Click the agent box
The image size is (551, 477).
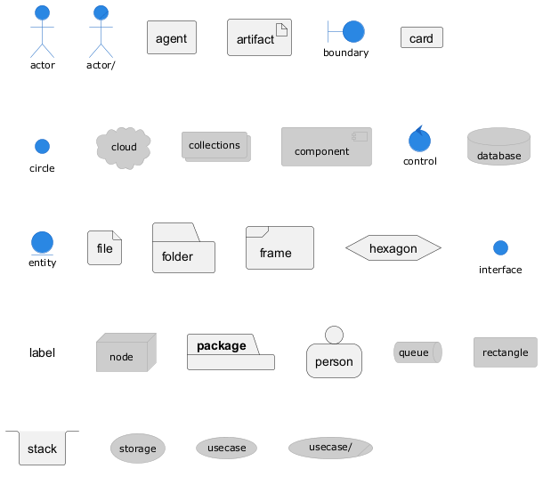pyautogui.click(x=171, y=38)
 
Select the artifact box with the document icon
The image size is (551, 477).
pyautogui.click(x=259, y=38)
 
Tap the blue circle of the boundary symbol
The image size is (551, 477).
pyautogui.click(x=353, y=32)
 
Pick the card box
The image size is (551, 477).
pyautogui.click(x=421, y=38)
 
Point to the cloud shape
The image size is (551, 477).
pyautogui.click(x=124, y=147)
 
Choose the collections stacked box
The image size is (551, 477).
pyautogui.click(x=215, y=146)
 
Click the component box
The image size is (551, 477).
pyautogui.click(x=326, y=147)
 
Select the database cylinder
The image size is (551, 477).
pyautogui.click(x=498, y=147)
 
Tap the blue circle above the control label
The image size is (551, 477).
pyautogui.click(x=419, y=140)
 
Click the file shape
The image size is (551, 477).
pyautogui.click(x=104, y=248)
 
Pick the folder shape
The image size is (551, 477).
pyautogui.click(x=183, y=249)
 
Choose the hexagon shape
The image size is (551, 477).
pyautogui.click(x=393, y=248)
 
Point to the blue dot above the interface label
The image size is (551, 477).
pyautogui.click(x=500, y=247)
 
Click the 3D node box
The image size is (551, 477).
pyautogui.click(x=125, y=353)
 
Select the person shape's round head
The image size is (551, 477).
pyautogui.click(x=334, y=335)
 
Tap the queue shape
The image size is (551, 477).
pyautogui.click(x=417, y=352)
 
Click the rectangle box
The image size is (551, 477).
pyautogui.click(x=505, y=352)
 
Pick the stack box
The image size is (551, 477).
pyautogui.click(x=42, y=449)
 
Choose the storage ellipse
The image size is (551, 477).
pyautogui.click(x=137, y=449)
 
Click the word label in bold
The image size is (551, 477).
pyautogui.click(x=42, y=353)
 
